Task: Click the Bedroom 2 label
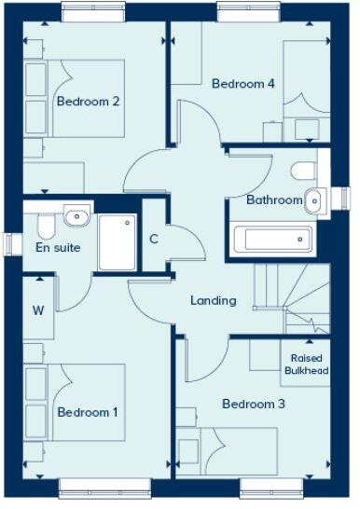pos(89,102)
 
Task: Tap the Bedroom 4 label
pos(242,84)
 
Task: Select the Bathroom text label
pos(274,199)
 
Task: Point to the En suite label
pos(58,248)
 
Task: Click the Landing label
pos(213,300)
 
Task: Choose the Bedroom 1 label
pos(88,411)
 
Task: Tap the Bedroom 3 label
pos(253,405)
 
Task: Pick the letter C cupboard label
pos(154,239)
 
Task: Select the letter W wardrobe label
pos(38,310)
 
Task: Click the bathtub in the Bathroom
pos(271,241)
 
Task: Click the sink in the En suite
pos(77,216)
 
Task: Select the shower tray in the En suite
pos(117,241)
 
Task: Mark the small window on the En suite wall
pos(8,243)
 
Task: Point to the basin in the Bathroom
pos(315,198)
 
